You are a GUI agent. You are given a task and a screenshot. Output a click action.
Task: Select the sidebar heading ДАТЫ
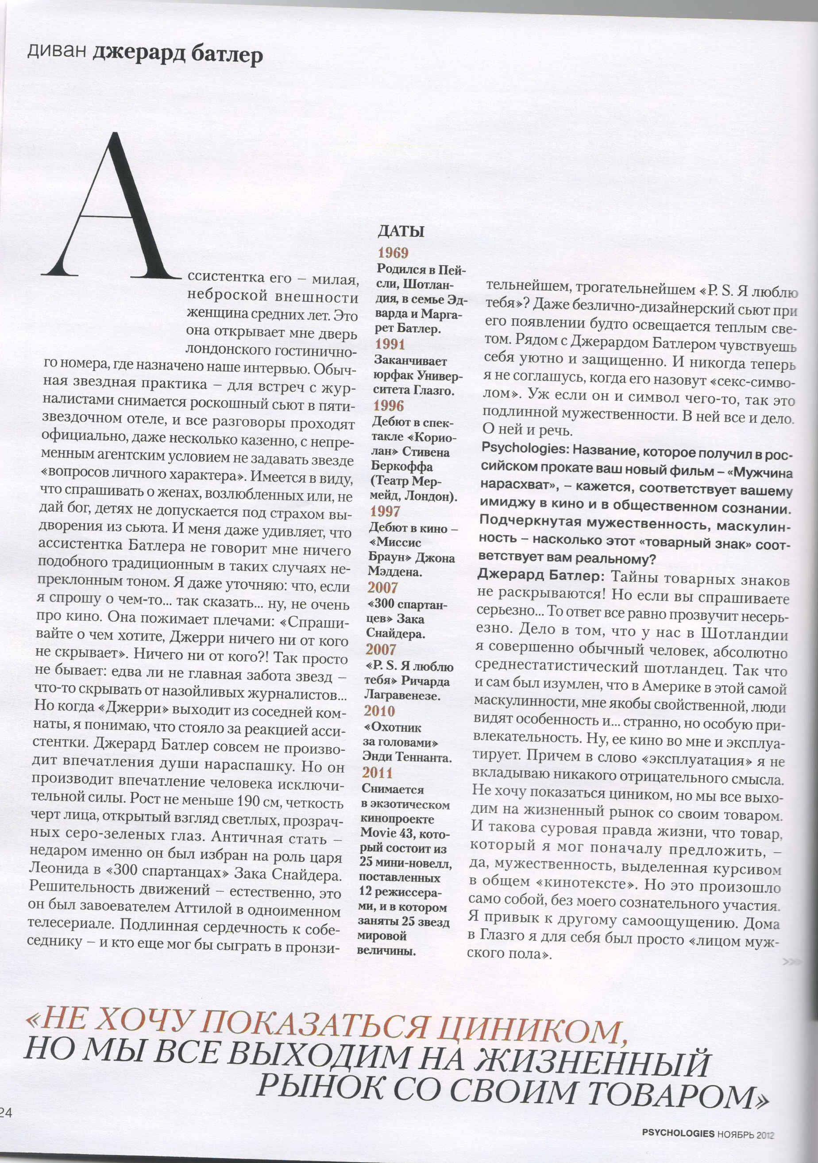coord(401,232)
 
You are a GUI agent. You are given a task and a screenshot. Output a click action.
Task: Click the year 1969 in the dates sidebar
coord(393,253)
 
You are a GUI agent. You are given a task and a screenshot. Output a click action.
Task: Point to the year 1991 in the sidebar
coord(390,344)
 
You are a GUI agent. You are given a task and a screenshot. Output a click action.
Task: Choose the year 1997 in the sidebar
coord(385,512)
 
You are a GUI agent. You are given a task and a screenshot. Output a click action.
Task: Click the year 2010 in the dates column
coord(379,711)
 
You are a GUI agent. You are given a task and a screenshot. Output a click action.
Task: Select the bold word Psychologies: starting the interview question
coord(517,448)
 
